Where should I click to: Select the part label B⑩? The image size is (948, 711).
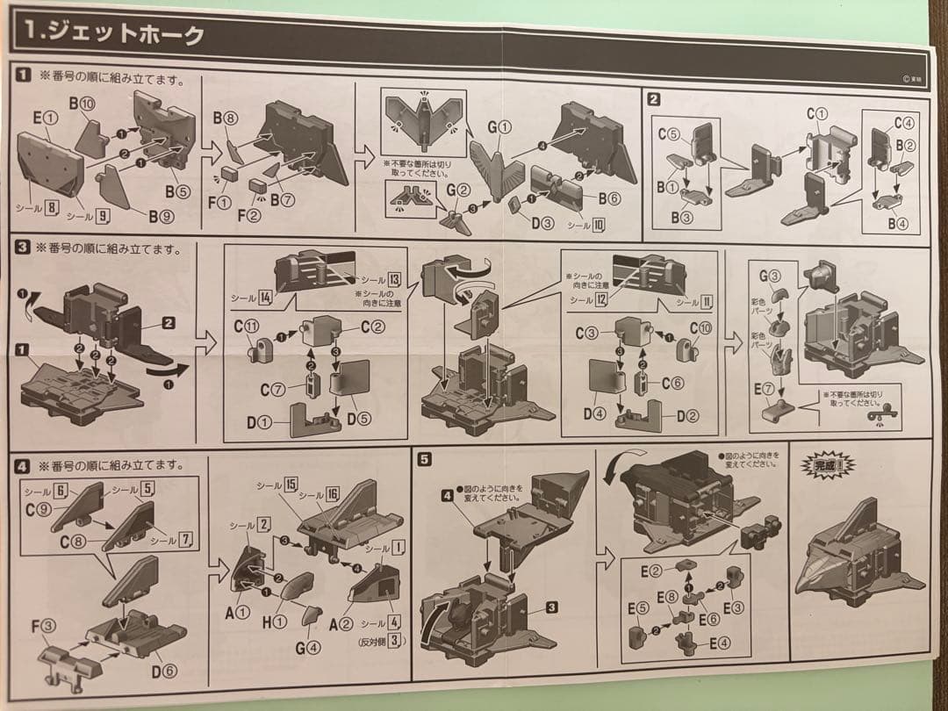click(82, 104)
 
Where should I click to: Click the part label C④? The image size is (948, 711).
click(903, 123)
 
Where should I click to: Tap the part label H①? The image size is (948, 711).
click(278, 621)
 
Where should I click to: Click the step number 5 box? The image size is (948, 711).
click(425, 458)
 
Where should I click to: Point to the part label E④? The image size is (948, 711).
click(718, 642)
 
